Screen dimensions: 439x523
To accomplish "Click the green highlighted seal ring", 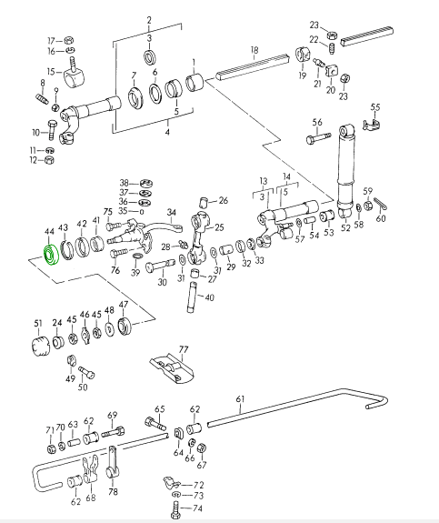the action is [51, 255].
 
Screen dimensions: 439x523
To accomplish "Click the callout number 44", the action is [49, 231].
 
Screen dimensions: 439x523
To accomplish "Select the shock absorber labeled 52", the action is [346, 171].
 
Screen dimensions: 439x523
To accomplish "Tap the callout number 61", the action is [240, 399].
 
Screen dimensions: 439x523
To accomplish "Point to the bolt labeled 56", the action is [318, 137].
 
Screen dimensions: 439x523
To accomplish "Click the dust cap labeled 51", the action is [40, 347].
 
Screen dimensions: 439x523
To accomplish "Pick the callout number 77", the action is [184, 349].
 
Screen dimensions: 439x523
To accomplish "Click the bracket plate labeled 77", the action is [172, 369].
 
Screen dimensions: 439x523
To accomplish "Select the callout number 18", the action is [254, 50].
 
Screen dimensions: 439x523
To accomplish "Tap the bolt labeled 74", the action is [175, 510].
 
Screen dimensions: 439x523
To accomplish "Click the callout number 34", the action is [172, 212].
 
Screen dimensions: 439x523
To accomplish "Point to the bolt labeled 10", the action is [53, 130].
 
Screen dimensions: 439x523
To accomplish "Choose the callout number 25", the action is [219, 227].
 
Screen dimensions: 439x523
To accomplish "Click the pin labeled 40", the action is [193, 297].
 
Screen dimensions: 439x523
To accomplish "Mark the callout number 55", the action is [375, 107].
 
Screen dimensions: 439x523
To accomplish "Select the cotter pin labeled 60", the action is [380, 204].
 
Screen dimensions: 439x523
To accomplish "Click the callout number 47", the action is [124, 305].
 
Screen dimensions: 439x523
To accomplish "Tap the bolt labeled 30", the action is [160, 266].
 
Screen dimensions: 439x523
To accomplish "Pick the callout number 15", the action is [51, 72].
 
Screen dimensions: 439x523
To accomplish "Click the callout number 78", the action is [113, 492].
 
